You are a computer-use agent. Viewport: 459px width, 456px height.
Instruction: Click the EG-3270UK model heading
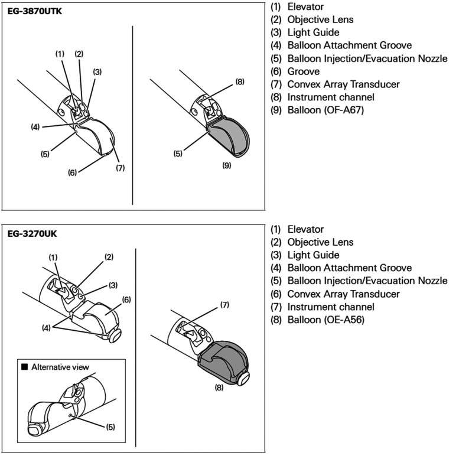click(x=33, y=233)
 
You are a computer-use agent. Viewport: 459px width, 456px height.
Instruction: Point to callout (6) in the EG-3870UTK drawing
click(x=73, y=172)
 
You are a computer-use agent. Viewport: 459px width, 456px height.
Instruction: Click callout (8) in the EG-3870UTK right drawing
click(x=239, y=82)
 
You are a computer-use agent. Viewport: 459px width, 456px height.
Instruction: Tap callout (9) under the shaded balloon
click(x=226, y=166)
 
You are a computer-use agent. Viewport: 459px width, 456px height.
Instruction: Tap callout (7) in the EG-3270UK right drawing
click(x=224, y=305)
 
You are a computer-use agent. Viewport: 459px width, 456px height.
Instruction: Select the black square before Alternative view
click(x=24, y=367)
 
